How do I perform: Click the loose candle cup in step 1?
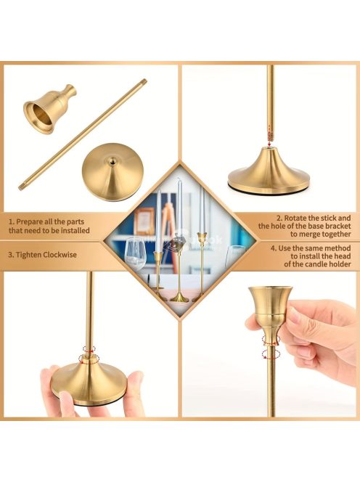pyautogui.click(x=49, y=109)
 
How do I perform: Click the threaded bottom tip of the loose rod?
pyautogui.click(x=22, y=187)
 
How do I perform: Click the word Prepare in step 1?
pyautogui.click(x=29, y=221)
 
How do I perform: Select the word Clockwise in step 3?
pyautogui.click(x=60, y=255)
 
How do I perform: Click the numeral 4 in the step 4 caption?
pyautogui.click(x=273, y=248)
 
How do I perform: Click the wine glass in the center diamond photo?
pyautogui.click(x=135, y=254)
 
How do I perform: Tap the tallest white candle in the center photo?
pyautogui.click(x=179, y=208)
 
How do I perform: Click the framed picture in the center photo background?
pyautogui.click(x=144, y=221)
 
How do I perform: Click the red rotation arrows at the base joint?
pyautogui.click(x=89, y=354)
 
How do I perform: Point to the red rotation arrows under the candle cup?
pyautogui.click(x=271, y=348)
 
